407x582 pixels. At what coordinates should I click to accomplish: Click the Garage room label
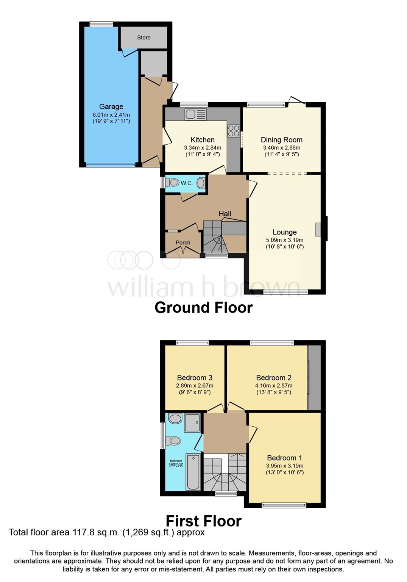111,107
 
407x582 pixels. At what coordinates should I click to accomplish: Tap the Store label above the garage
143,38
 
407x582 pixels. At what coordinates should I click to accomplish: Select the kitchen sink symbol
195,114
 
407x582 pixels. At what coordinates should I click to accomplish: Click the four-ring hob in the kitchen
234,131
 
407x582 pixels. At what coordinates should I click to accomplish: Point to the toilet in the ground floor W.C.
172,183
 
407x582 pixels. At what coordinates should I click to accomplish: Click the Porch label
183,242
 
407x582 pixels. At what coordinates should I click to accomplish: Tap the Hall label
225,214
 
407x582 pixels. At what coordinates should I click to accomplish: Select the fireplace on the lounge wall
318,230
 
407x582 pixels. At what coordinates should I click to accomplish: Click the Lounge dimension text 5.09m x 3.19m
284,240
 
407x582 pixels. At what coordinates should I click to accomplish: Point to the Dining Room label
281,140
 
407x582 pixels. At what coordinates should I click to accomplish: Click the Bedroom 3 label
195,378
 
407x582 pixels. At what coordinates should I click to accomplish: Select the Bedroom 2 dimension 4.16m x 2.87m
273,386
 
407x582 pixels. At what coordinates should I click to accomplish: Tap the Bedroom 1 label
284,458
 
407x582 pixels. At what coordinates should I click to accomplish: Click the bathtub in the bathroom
193,472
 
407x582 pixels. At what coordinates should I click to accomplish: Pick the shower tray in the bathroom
192,423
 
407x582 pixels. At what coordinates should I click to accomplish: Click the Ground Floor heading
203,308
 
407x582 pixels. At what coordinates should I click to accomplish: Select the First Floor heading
203,521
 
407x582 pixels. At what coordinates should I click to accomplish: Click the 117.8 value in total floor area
83,532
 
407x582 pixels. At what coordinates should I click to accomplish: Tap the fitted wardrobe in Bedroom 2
314,378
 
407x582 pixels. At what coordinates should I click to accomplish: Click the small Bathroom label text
176,461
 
